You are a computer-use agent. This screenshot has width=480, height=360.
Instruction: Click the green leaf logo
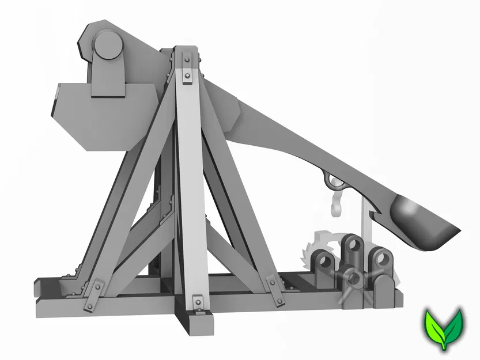(444, 328)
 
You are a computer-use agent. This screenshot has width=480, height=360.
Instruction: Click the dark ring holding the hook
(333, 181)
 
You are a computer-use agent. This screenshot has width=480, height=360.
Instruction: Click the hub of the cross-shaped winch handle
(355, 280)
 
